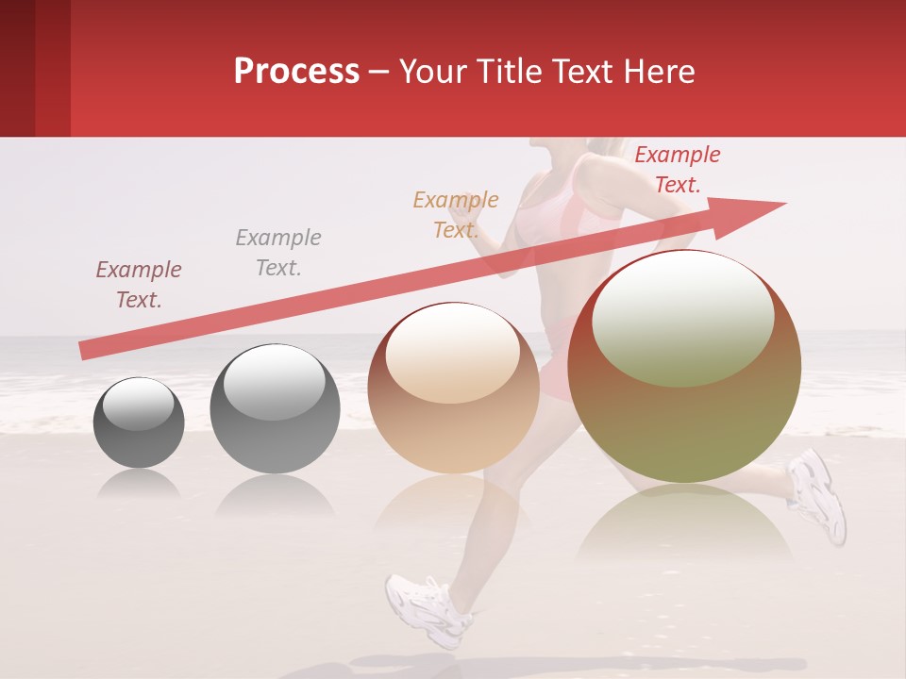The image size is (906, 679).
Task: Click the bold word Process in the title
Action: (x=296, y=72)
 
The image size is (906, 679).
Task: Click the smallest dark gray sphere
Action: (x=139, y=422)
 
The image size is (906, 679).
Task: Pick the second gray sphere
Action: (x=275, y=409)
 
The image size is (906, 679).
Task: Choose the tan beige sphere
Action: (x=453, y=389)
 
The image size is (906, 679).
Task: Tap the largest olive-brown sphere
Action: (x=683, y=368)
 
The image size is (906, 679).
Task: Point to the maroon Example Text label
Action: (x=139, y=285)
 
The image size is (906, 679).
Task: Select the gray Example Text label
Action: (x=278, y=253)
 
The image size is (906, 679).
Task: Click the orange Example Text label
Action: (x=456, y=215)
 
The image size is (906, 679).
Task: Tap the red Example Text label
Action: (x=678, y=170)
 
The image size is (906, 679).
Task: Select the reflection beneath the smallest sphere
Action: (x=139, y=486)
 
